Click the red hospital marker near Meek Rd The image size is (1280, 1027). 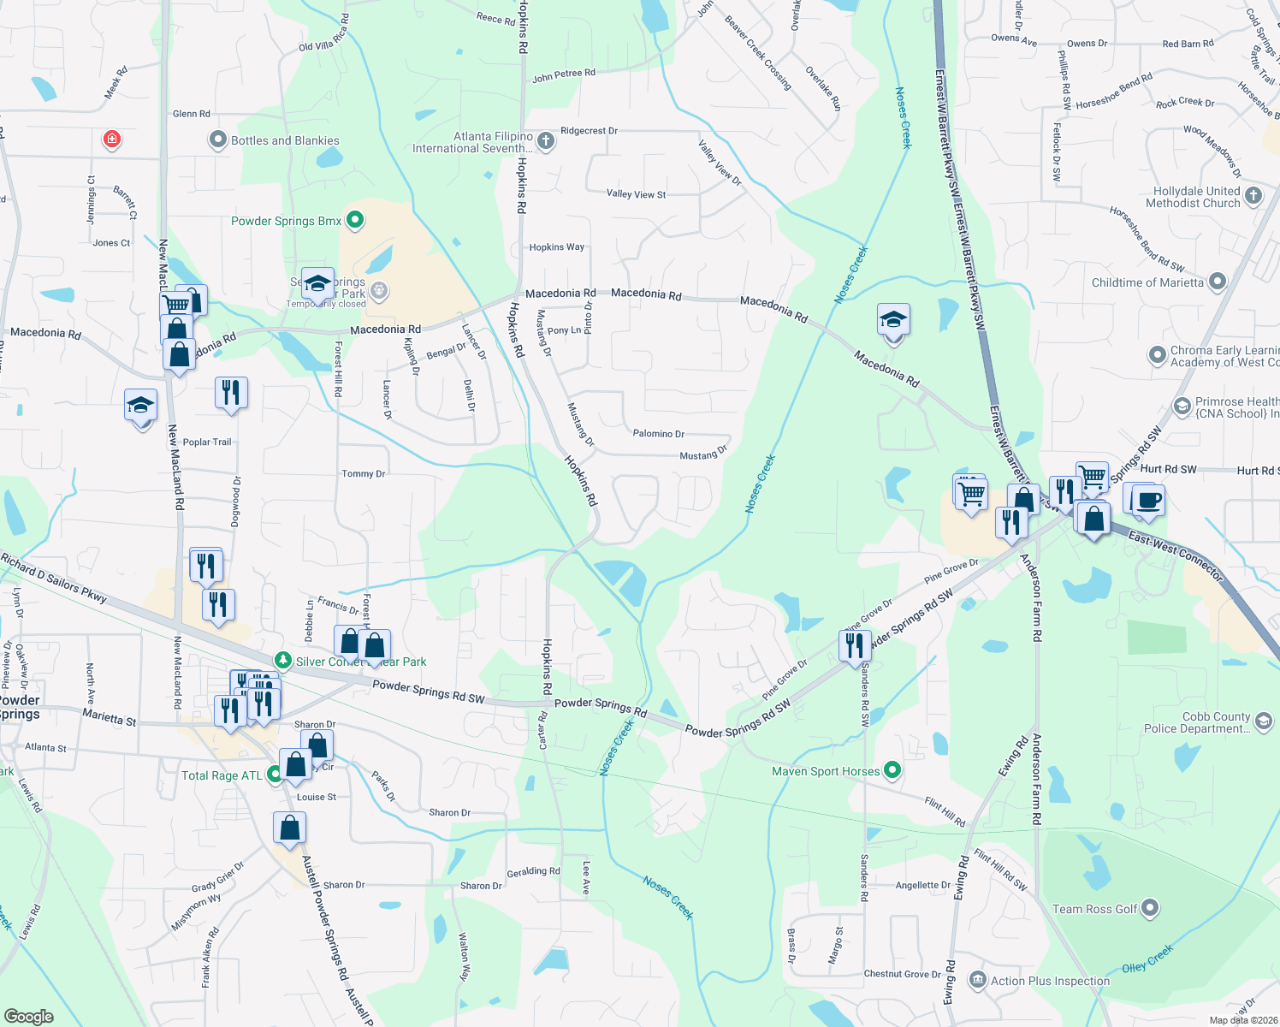point(111,139)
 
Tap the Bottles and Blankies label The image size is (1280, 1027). point(285,140)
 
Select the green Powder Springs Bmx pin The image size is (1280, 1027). point(356,221)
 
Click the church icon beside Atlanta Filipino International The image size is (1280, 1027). point(546,141)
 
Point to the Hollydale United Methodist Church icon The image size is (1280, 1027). point(1253,196)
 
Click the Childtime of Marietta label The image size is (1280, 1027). point(1147,282)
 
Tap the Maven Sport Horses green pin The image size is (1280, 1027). point(892,771)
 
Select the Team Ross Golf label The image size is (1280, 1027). point(1094,909)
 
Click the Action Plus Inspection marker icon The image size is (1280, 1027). point(977,980)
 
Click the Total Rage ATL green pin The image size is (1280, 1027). point(275,775)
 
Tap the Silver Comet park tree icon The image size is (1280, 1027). point(282,661)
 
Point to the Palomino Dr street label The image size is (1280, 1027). point(658,434)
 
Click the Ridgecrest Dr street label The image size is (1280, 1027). point(589,131)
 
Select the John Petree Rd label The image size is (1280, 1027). point(563,76)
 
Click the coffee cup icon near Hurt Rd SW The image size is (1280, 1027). point(1147,501)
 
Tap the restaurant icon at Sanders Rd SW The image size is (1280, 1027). point(855,646)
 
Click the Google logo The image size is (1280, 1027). point(29,1016)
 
